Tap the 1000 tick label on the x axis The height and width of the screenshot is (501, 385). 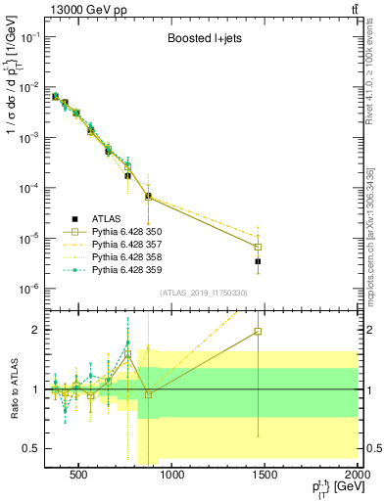pyautogui.click(x=171, y=476)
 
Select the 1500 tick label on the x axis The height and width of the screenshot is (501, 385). pyautogui.click(x=265, y=476)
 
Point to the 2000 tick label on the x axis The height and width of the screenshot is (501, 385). pyautogui.click(x=357, y=476)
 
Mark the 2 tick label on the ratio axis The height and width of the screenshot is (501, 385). pyautogui.click(x=35, y=330)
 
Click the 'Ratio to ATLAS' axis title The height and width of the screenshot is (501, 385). pyautogui.click(x=13, y=389)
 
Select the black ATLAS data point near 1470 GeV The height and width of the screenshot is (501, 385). pyautogui.click(x=258, y=262)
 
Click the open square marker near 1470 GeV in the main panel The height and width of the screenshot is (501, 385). pyautogui.click(x=258, y=247)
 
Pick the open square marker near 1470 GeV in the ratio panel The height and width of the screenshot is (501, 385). pyautogui.click(x=258, y=332)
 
